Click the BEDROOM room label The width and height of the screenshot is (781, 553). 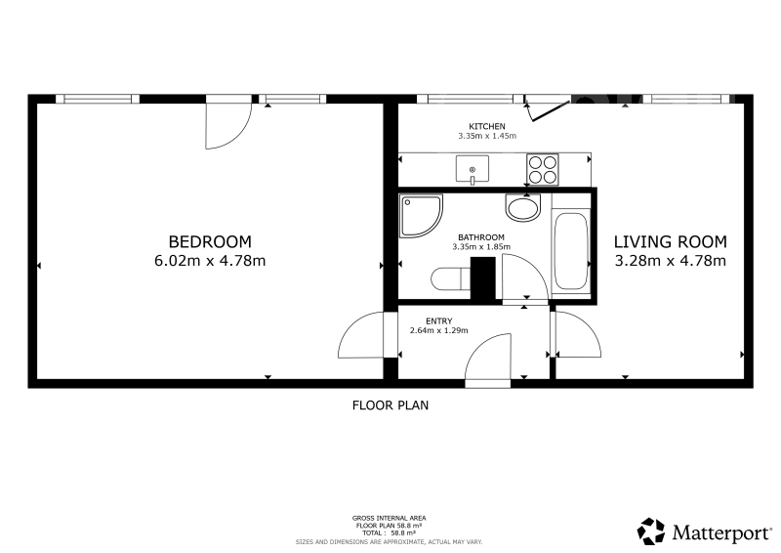tap(210, 242)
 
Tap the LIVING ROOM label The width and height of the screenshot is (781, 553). tap(670, 242)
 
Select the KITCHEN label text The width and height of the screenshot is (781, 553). tap(486, 127)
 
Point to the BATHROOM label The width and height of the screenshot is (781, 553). tap(481, 237)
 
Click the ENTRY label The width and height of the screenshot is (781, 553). tap(438, 321)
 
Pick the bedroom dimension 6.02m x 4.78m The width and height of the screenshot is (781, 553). tap(210, 260)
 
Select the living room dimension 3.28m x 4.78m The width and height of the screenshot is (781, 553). tap(670, 260)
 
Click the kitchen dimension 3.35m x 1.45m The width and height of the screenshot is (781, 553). tap(486, 136)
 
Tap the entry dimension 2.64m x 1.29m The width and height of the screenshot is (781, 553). tap(438, 330)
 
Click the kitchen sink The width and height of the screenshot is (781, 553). tap(473, 170)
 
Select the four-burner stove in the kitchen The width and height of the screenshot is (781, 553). tap(543, 170)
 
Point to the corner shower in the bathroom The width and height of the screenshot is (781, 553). tap(421, 215)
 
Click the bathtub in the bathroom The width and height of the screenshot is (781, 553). tap(571, 251)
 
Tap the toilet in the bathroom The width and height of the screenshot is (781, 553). tap(451, 279)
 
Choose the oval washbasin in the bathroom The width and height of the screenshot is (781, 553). tap(523, 207)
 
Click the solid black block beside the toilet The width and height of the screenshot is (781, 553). tap(483, 278)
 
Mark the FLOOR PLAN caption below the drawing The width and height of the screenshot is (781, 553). tap(390, 405)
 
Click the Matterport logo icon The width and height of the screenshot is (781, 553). tap(651, 532)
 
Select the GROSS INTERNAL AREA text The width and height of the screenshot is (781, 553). tap(389, 518)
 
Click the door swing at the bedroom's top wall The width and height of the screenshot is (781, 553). tap(229, 126)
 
